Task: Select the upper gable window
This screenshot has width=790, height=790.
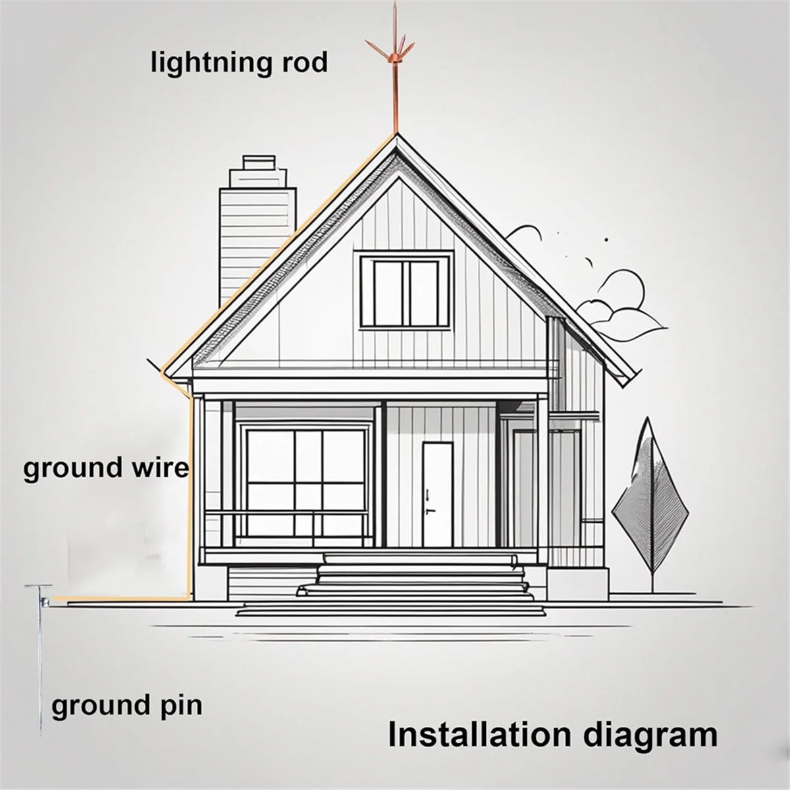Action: pyautogui.click(x=406, y=290)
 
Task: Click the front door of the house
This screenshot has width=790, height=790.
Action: pyautogui.click(x=437, y=494)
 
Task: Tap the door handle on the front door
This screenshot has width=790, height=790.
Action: pyautogui.click(x=429, y=510)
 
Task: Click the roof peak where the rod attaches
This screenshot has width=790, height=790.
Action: pyautogui.click(x=396, y=136)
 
